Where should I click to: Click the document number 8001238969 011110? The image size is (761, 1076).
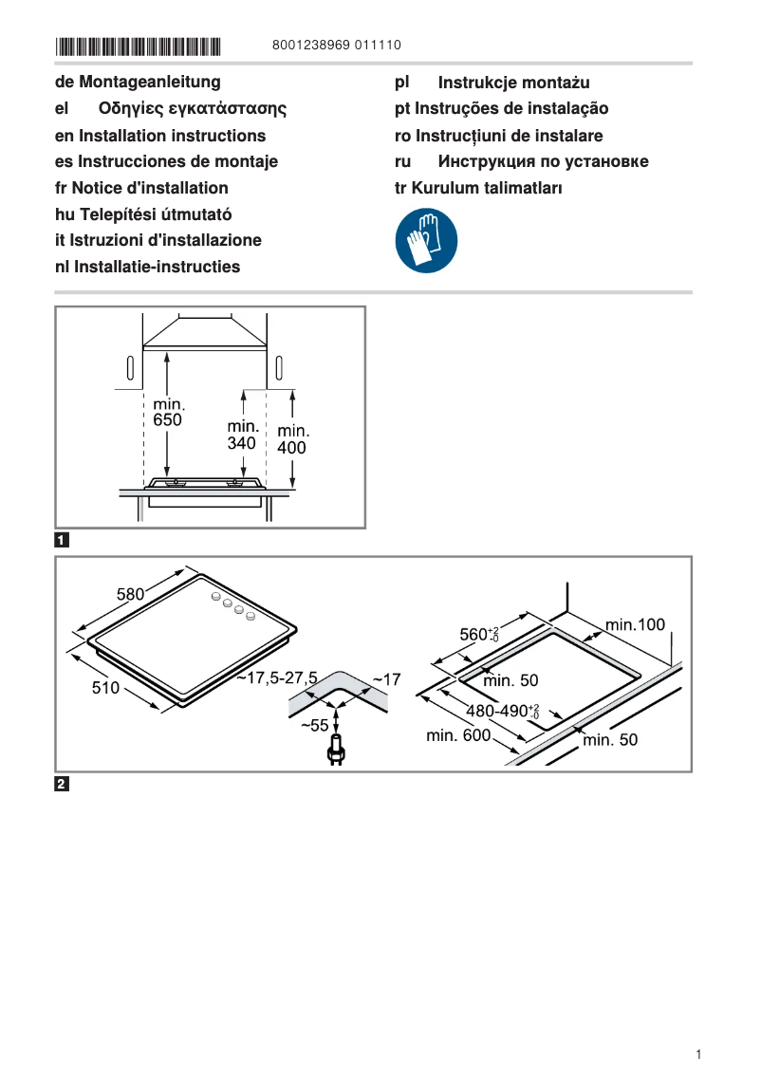coord(336,46)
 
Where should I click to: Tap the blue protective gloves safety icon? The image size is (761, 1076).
coord(426,241)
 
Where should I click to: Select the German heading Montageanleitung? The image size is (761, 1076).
coord(138,83)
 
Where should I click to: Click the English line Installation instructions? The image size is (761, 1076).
coord(160,136)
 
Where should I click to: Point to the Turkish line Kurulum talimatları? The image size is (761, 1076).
coord(478,188)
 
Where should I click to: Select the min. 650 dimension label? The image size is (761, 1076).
coord(168,412)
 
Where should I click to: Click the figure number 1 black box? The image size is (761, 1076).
coord(62,541)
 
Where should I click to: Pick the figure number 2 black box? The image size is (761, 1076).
coord(62,785)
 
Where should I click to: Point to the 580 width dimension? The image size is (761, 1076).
coord(130,595)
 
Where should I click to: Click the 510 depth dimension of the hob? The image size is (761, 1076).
coord(105,688)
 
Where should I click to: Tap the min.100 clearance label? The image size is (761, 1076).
coord(635,624)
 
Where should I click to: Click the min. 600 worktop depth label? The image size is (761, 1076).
coord(458,735)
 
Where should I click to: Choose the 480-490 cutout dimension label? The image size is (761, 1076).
coord(502,711)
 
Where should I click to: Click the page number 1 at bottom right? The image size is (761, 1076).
coord(698,1054)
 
